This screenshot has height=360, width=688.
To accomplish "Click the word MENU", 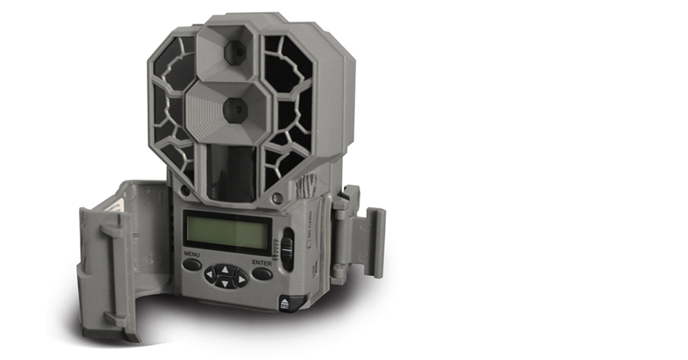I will [191, 253].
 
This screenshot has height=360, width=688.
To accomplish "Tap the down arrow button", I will [225, 283].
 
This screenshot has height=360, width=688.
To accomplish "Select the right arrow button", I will [240, 279].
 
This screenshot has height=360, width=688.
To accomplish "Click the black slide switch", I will [287, 248].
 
